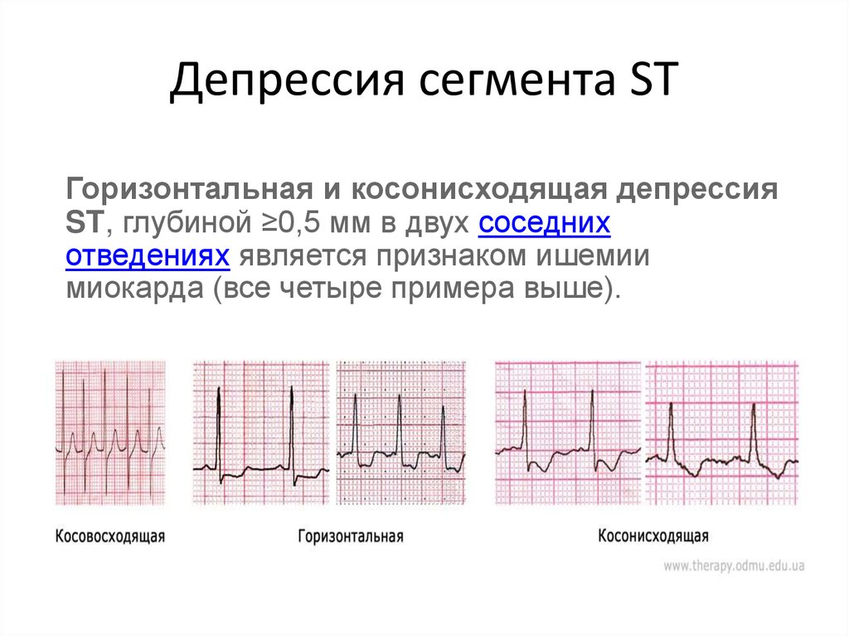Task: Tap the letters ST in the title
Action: [x=653, y=79]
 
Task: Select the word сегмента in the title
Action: [x=517, y=81]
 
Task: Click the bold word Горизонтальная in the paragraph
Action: [x=190, y=190]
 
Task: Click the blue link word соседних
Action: [x=544, y=223]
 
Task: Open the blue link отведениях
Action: [x=148, y=255]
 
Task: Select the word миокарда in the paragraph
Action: [x=135, y=288]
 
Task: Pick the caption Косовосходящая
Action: [x=110, y=536]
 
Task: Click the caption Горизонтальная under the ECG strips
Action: [x=351, y=536]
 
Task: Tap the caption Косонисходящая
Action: [x=653, y=536]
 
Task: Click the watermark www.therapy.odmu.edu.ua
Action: [x=734, y=566]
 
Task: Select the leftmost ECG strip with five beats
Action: [x=110, y=433]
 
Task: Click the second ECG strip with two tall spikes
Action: [x=261, y=433]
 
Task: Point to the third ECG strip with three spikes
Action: [x=400, y=433]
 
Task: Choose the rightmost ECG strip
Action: [x=722, y=433]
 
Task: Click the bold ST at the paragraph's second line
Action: [x=84, y=223]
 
